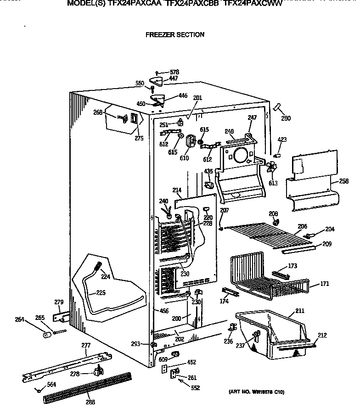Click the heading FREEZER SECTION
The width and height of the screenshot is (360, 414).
tap(174, 34)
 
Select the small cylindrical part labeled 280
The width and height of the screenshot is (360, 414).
tap(277, 107)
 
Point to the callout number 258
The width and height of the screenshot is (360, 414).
tap(343, 182)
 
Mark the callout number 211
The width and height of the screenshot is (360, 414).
tap(299, 311)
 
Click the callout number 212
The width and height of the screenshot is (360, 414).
tap(322, 336)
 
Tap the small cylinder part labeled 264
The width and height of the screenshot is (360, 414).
tap(46, 335)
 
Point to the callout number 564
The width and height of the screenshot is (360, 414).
tap(51, 385)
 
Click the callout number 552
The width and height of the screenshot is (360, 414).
tap(196, 387)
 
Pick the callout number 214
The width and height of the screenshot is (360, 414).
tap(177, 190)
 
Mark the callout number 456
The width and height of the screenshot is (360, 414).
tap(163, 311)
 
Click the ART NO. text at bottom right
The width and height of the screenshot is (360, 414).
tap(256, 392)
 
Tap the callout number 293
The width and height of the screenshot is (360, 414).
tap(135, 344)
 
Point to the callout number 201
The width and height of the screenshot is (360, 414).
tap(197, 98)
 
